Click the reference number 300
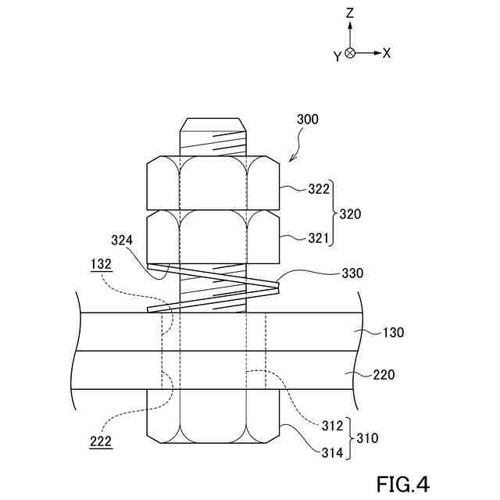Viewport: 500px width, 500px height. (308, 120)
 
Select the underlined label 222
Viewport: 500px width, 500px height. (100, 441)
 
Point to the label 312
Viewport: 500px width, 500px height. (332, 427)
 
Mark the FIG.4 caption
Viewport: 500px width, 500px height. (402, 484)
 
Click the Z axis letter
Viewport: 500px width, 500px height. (351, 13)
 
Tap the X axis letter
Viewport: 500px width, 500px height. (387, 53)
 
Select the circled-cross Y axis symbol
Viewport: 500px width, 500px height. (350, 53)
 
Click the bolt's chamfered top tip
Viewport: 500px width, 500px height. (214, 125)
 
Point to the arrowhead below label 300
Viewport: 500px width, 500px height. (291, 159)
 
